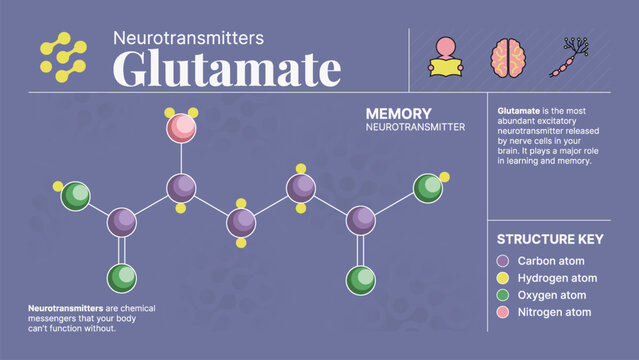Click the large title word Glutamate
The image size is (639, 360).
pos(226,68)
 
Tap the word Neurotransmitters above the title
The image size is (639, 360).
pos(188,38)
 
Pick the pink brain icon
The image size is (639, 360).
pos(506,57)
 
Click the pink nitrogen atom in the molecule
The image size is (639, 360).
pos(181,127)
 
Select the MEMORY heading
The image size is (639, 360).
pos(398,115)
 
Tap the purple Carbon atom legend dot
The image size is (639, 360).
pos(503,261)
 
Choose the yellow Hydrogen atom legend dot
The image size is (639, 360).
pos(503,278)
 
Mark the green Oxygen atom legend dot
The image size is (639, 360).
pos(503,295)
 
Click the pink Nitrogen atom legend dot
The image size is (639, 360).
pos(503,312)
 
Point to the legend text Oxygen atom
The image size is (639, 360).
pos(552,295)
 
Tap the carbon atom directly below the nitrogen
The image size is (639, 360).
pos(181,187)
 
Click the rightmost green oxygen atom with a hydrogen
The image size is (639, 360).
pos(428,188)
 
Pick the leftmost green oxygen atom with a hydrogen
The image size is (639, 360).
pos(75,196)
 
